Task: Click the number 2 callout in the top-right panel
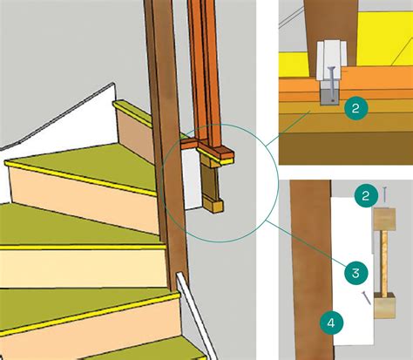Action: [355, 108]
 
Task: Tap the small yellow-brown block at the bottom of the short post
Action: [214, 207]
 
